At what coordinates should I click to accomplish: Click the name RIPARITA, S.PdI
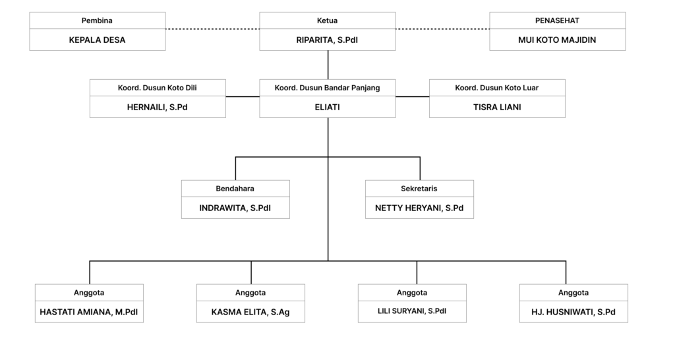pos(327,40)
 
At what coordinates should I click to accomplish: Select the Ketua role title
pos(327,20)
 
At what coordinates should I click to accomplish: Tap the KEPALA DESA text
pos(98,40)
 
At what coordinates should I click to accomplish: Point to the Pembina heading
pos(98,20)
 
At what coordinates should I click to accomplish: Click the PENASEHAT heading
pos(557,20)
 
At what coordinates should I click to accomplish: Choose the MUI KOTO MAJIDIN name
pos(557,40)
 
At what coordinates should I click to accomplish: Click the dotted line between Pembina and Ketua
pos(213,29)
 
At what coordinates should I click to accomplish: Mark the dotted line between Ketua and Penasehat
pos(442,29)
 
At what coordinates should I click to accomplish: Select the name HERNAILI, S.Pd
pos(157,107)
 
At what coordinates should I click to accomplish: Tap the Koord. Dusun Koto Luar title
pos(497,88)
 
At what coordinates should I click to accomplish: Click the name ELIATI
pos(327,107)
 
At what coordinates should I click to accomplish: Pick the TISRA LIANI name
pos(497,107)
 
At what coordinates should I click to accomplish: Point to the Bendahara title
pos(235,189)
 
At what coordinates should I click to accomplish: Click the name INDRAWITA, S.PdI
pos(235,208)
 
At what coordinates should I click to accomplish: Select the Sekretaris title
pos(419,189)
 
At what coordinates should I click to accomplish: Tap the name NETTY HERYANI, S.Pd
pos(419,208)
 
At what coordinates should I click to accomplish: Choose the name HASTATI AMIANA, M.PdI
pos(89,313)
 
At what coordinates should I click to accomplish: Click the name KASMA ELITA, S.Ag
pos(250,313)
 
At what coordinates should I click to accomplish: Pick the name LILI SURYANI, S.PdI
pos(412,311)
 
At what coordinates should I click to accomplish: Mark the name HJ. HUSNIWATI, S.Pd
pos(573,313)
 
